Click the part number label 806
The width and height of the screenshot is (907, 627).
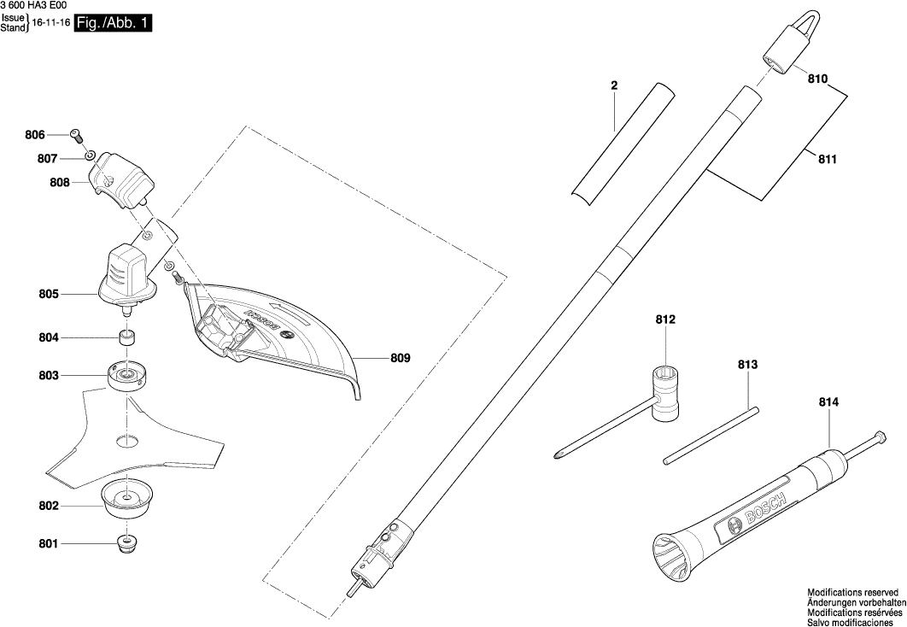35,135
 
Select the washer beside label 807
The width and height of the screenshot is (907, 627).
90,157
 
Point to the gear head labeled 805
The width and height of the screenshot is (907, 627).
127,276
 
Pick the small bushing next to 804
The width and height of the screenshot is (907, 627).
127,337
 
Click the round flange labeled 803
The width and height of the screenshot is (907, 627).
128,374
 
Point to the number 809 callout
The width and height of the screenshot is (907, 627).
400,359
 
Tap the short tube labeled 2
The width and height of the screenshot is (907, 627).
618,142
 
